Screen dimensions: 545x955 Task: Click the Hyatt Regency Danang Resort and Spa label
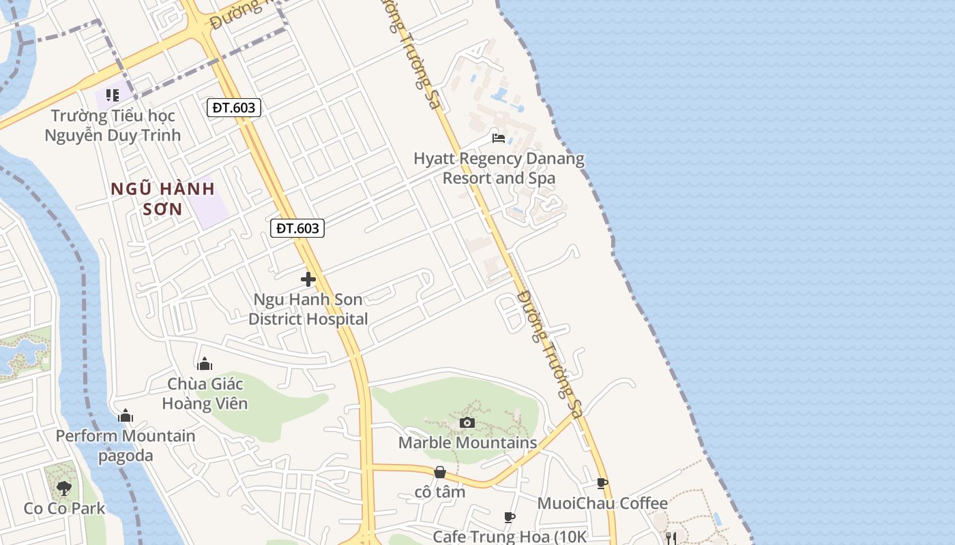[499, 168]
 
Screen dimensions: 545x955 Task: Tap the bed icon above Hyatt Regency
[499, 138]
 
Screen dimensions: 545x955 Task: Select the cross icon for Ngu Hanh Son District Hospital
[308, 279]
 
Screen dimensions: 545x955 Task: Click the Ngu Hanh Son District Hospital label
[308, 309]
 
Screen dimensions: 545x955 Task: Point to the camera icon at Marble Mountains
[467, 423]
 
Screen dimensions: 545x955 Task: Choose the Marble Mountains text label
[467, 443]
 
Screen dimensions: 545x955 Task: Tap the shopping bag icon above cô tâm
[440, 472]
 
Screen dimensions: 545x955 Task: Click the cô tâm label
[440, 492]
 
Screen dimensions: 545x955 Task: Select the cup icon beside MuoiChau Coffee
[602, 484]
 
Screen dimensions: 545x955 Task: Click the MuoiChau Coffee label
[602, 503]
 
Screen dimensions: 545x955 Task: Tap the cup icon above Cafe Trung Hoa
[510, 518]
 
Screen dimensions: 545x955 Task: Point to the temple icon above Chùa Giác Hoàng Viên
[205, 364]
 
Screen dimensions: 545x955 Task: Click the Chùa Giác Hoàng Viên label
[205, 394]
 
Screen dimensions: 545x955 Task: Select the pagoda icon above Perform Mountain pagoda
[126, 416]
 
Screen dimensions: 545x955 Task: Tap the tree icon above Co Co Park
[64, 488]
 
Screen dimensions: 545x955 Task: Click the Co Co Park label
[64, 508]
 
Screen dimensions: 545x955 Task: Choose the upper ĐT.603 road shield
[234, 108]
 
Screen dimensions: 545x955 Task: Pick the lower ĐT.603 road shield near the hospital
[297, 228]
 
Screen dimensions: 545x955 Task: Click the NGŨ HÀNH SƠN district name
[163, 198]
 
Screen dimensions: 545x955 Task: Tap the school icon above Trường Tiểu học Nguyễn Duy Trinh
[113, 95]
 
